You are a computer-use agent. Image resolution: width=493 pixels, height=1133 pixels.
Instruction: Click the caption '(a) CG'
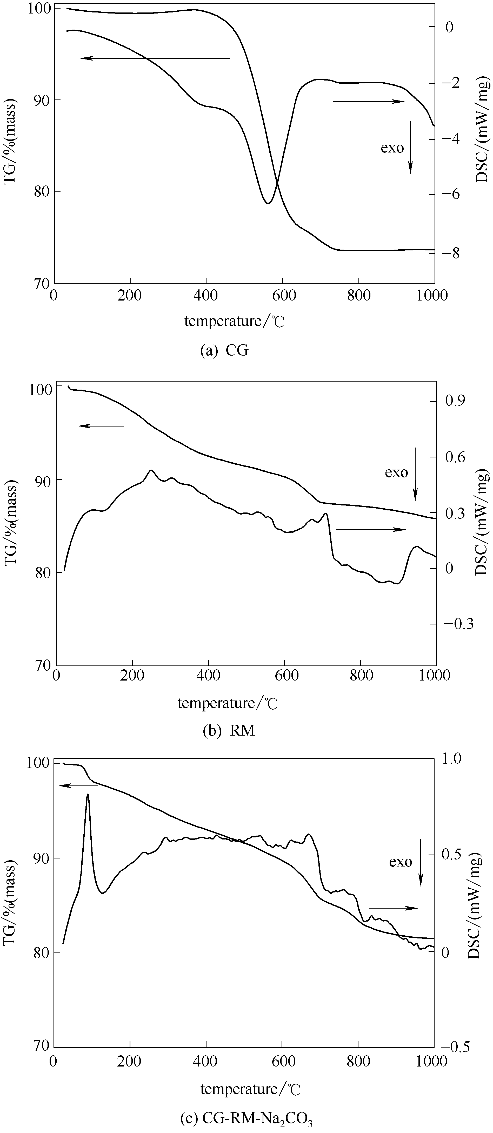point(224,351)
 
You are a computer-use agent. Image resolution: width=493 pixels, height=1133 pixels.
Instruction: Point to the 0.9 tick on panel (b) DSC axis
point(455,401)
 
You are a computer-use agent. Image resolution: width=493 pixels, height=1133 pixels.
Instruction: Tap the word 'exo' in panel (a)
point(392,148)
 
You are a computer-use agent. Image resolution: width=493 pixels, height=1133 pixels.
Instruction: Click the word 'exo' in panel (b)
point(396,473)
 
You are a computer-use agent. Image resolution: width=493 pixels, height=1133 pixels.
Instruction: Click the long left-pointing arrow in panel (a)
point(155,58)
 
